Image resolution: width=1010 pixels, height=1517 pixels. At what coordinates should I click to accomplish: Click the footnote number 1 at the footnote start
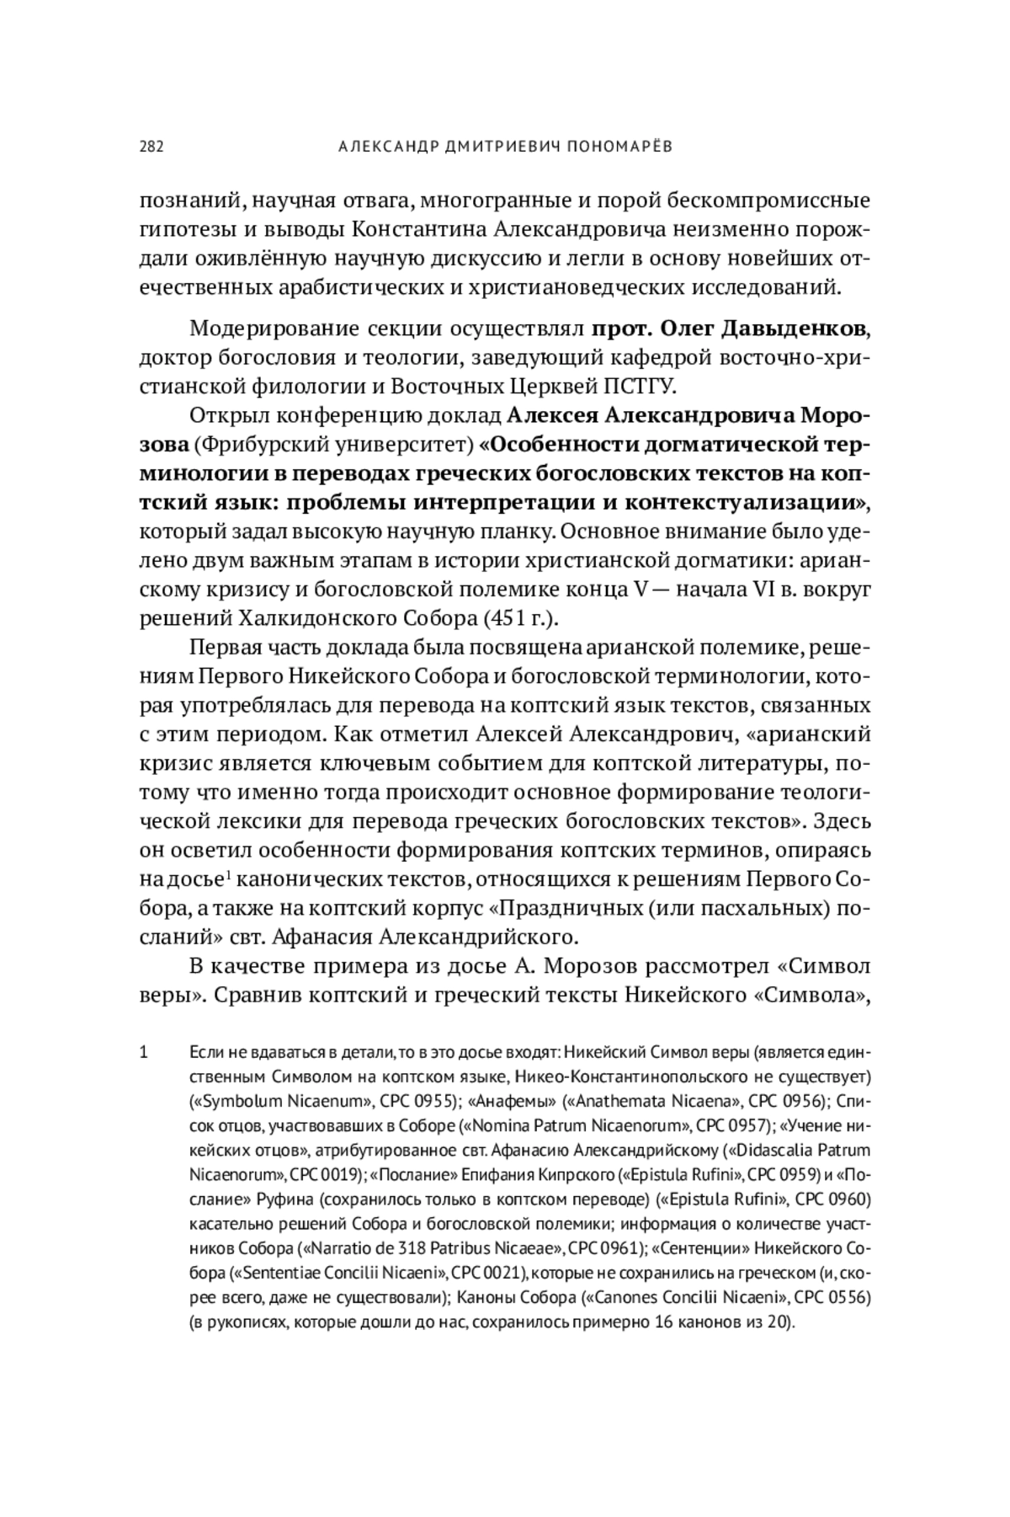[144, 1052]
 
